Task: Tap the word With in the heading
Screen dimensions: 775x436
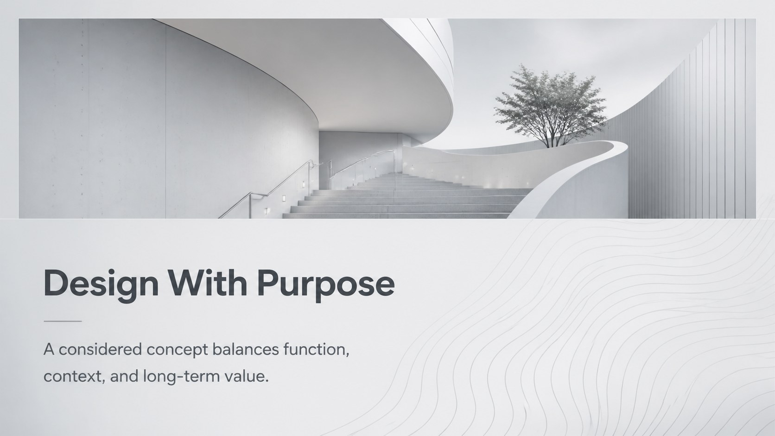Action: [207, 283]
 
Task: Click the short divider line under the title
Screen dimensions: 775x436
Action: [63, 321]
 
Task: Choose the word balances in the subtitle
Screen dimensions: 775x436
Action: [245, 349]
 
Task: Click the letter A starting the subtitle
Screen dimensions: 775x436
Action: [49, 349]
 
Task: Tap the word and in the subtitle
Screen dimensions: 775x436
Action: [124, 376]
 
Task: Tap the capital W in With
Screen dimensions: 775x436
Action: [190, 283]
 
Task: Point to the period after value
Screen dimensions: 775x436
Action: [267, 381]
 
